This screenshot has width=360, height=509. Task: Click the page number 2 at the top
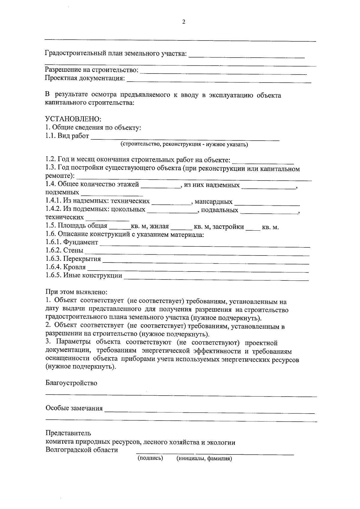183,22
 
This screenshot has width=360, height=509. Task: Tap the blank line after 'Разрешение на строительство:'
223,72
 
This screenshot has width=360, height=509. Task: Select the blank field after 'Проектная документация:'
219,80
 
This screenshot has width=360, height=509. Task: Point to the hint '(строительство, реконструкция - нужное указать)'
184,145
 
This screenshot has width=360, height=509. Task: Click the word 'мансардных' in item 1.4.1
213,202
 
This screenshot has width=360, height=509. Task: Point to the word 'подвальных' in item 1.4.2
220,210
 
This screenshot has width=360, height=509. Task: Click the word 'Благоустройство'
71,383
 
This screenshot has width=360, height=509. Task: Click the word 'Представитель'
68,433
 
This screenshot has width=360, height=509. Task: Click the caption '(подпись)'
150,458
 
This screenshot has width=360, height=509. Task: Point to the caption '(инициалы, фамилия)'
204,459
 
